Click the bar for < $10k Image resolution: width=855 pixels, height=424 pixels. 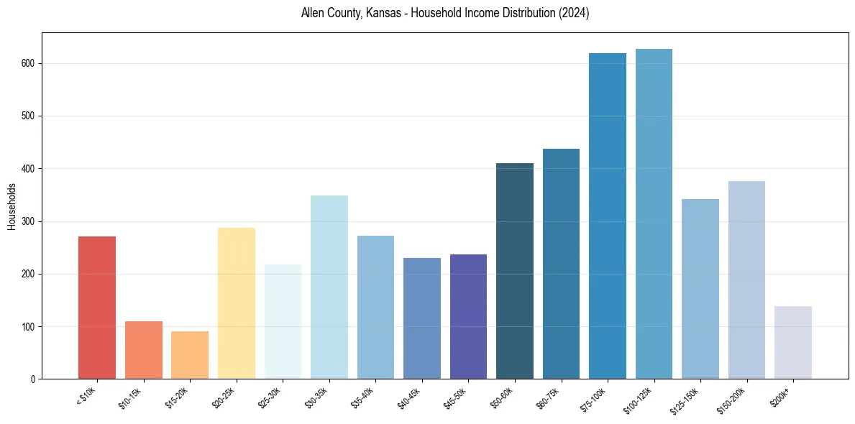[97, 308]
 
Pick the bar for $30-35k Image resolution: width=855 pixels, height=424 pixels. [329, 287]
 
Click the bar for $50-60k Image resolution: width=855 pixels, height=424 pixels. [515, 271]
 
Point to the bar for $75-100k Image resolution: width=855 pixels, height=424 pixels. [608, 216]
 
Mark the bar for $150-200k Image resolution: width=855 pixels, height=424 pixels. [746, 280]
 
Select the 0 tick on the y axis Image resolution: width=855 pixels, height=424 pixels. [33, 379]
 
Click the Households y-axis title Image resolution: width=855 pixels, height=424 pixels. [12, 206]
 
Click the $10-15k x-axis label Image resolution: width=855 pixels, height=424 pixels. [131, 397]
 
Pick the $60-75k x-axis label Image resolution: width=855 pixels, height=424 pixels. [549, 397]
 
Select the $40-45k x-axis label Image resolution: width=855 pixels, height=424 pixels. [409, 397]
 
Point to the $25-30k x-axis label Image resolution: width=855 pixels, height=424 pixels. [270, 397]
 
